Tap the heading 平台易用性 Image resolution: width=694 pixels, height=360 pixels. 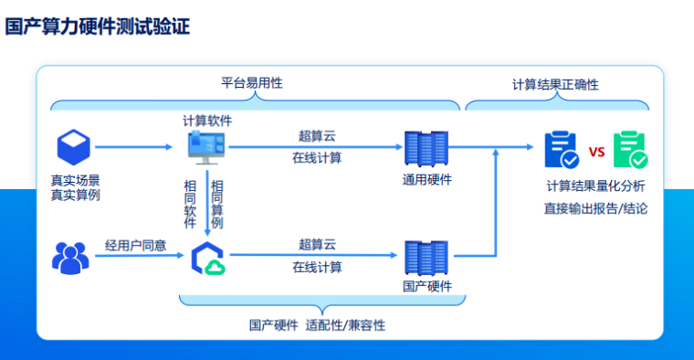[251, 82]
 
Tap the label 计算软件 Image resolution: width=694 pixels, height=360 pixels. [207, 120]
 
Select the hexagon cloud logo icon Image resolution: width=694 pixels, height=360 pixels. [208, 259]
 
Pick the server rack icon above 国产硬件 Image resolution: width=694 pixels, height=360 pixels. [426, 259]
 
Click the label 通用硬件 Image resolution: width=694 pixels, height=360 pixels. [426, 179]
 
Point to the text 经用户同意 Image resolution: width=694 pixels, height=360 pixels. [135, 245]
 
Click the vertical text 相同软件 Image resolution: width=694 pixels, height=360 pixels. [190, 203]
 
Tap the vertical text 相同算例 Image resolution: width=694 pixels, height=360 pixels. [217, 203]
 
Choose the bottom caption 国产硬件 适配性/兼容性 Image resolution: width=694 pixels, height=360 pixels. [317, 324]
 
